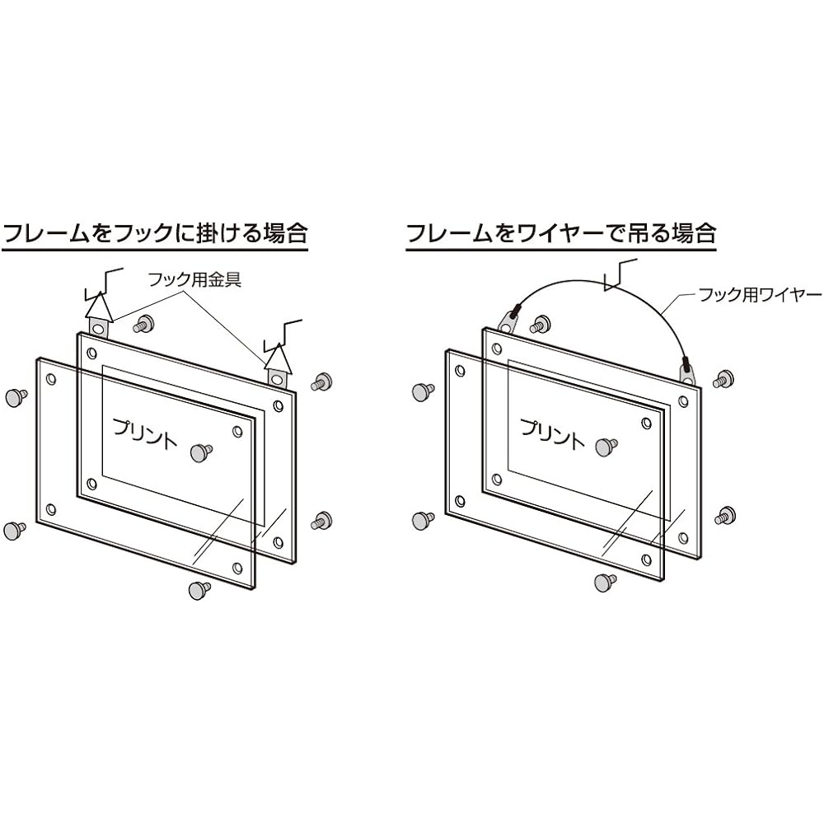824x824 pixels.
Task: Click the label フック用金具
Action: point(195,279)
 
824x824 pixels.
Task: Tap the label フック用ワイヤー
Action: point(760,295)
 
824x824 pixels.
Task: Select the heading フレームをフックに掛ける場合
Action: point(155,233)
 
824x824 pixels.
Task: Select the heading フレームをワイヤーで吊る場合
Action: point(562,233)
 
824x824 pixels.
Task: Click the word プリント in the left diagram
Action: point(145,433)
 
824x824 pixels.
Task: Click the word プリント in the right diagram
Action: point(552,433)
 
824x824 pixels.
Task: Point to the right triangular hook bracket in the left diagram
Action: point(278,363)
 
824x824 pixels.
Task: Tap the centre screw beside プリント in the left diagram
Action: point(201,452)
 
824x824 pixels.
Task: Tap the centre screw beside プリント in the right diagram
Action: point(607,446)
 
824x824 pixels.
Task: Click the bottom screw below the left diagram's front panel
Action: point(199,590)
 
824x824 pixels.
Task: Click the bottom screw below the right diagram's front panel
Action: point(606,581)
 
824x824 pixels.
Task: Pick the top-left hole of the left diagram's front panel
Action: point(51,379)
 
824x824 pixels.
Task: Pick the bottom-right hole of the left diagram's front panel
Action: point(237,568)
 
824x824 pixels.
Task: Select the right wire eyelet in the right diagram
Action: point(688,371)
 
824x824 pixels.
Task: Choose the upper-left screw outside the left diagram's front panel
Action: point(16,398)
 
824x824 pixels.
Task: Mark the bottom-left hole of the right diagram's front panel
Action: point(461,501)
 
